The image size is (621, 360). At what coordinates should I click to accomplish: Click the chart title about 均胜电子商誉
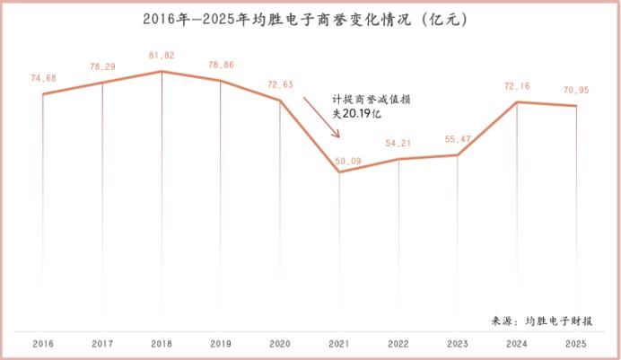[310, 17]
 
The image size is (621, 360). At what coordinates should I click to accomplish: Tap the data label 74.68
[43, 78]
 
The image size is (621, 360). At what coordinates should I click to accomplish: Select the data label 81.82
[162, 55]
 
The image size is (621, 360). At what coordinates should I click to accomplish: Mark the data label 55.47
[459, 140]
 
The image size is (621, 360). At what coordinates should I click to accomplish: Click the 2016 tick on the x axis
[42, 344]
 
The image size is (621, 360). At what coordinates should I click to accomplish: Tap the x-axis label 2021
[339, 344]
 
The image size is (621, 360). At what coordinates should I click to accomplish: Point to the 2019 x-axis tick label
[221, 344]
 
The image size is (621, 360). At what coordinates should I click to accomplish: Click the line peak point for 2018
[162, 71]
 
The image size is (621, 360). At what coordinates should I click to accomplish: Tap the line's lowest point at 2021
[339, 171]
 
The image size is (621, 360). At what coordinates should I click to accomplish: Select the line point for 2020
[280, 101]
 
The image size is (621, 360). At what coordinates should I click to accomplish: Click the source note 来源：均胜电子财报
[555, 320]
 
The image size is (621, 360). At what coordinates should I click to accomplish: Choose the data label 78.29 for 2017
[102, 67]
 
